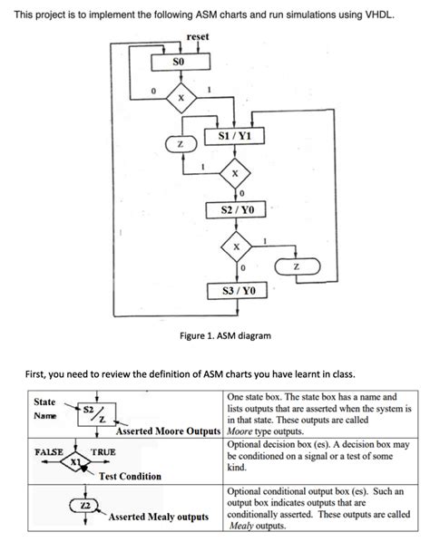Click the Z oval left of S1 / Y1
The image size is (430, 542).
(180, 145)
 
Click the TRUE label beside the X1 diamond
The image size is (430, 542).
(103, 450)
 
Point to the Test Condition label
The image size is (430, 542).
(131, 476)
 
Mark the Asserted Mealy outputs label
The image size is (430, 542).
(159, 517)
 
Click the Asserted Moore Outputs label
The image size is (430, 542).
(168, 430)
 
